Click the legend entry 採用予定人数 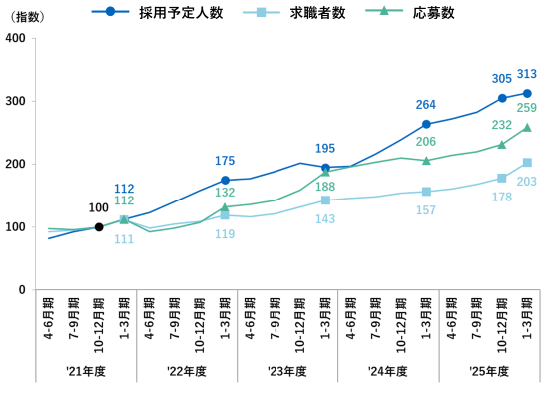point(181,13)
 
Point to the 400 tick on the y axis point(15,38)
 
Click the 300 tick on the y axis point(15,101)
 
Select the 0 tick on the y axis point(21,290)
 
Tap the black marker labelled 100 point(99,227)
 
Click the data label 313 point(528,74)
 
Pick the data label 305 point(502,78)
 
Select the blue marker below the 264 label point(426,125)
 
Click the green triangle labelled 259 point(527,128)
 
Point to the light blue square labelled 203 point(527,163)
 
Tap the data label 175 point(225,160)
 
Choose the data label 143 point(325,218)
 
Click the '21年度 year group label point(86,371)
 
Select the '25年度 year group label point(489,371)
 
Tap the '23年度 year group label point(287,371)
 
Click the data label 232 point(502,125)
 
